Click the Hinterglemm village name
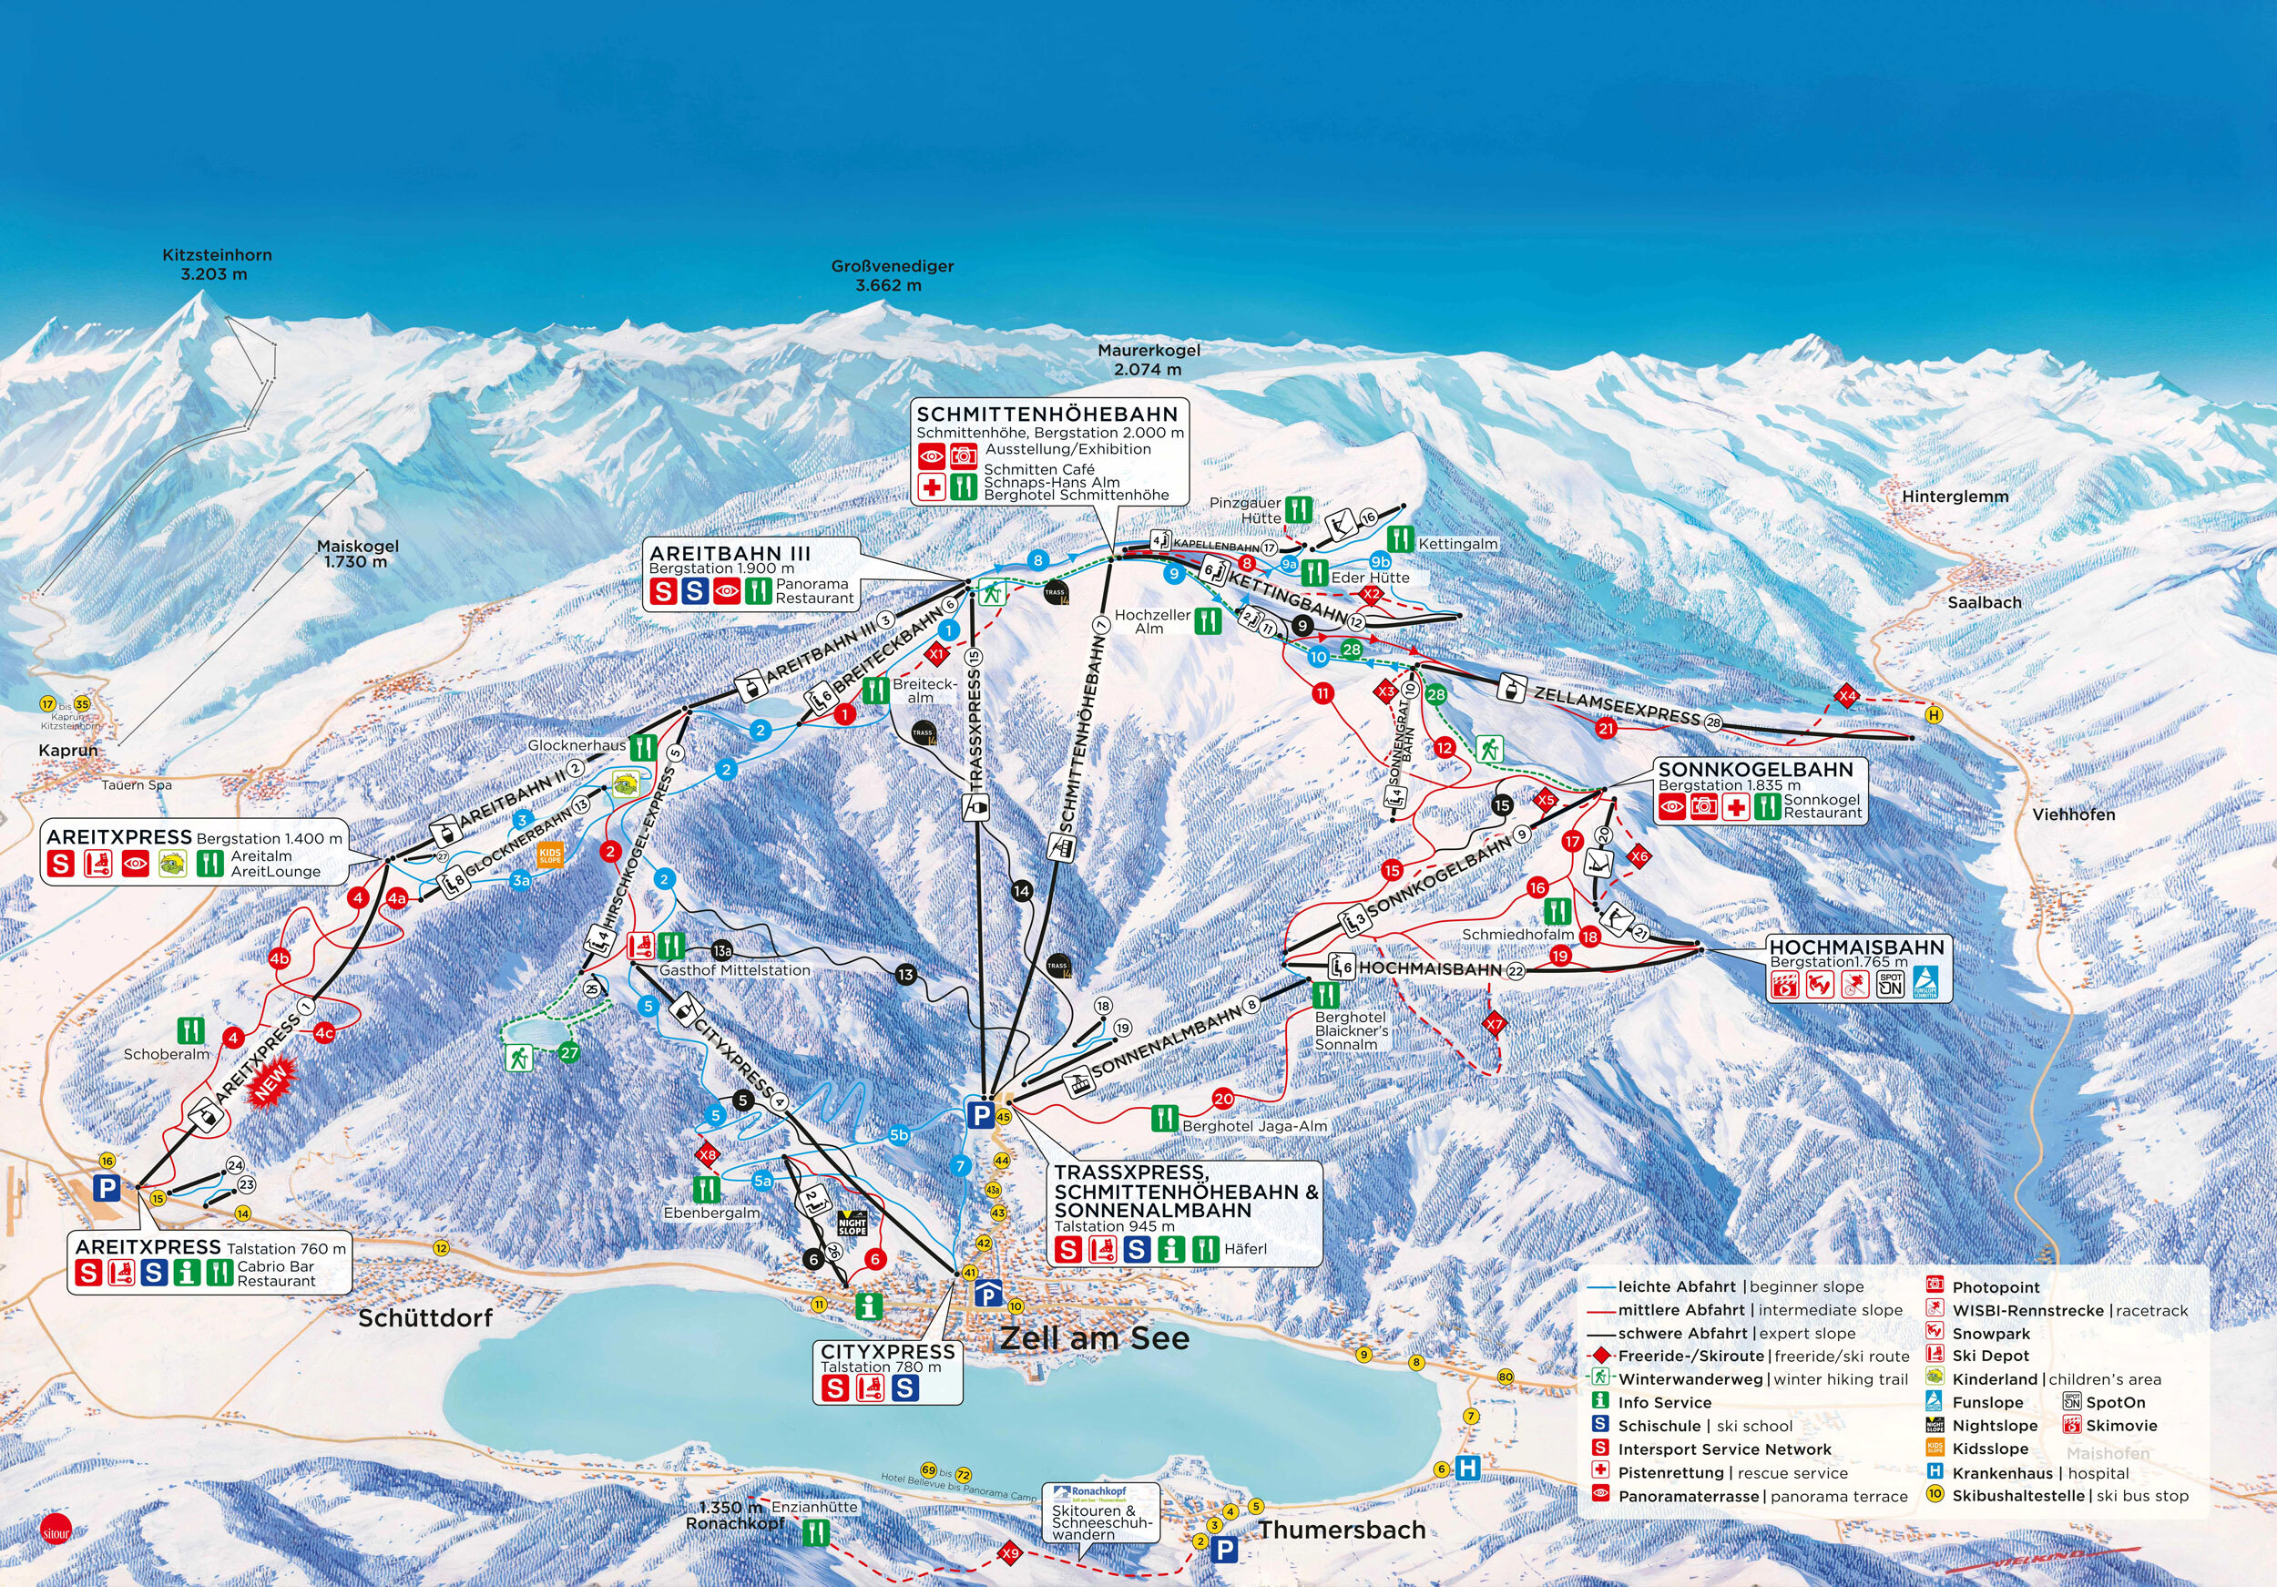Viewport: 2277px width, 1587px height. pyautogui.click(x=1955, y=496)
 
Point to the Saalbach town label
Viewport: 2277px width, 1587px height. pyautogui.click(x=1984, y=602)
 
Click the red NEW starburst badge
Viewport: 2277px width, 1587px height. pyautogui.click(x=271, y=1082)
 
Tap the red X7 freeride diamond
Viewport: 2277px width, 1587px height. pyautogui.click(x=1494, y=1023)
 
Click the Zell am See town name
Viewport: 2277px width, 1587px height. pyautogui.click(x=1094, y=1338)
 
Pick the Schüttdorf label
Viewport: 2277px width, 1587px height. pyautogui.click(x=424, y=1318)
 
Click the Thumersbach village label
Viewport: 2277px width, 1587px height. pyautogui.click(x=1342, y=1530)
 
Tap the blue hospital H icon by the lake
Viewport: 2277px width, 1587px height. pyautogui.click(x=1467, y=1468)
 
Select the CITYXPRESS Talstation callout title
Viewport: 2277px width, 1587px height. pyautogui.click(x=886, y=1351)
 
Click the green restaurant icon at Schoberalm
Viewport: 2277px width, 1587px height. pyautogui.click(x=190, y=1029)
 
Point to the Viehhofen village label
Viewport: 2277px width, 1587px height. pyautogui.click(x=2074, y=814)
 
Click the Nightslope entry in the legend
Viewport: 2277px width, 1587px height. pyautogui.click(x=1994, y=1426)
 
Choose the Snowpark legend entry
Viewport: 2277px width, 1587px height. pyautogui.click(x=1990, y=1333)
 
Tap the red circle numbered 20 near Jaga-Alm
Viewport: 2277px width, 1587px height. pyautogui.click(x=1223, y=1098)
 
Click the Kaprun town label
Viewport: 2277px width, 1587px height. pyautogui.click(x=68, y=750)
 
